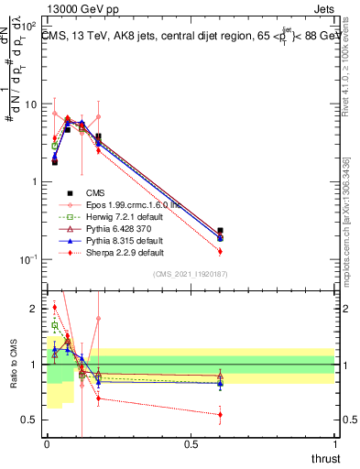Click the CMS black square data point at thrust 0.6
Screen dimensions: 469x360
tap(220, 232)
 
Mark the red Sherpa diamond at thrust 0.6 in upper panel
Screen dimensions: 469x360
tap(220, 251)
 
